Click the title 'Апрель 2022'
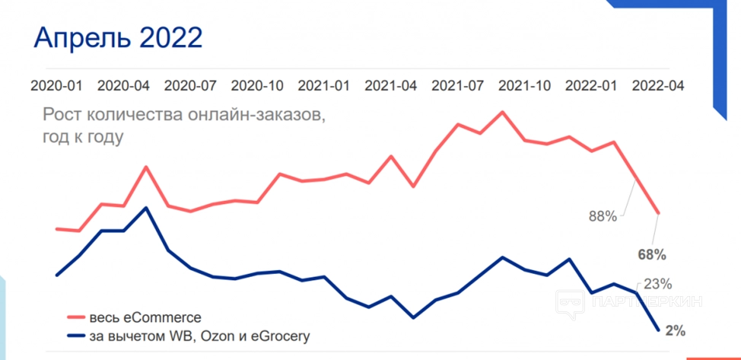pyautogui.click(x=118, y=38)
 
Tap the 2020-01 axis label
pyautogui.click(x=57, y=85)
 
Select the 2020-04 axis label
pyautogui.click(x=124, y=85)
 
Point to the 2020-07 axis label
pyautogui.click(x=191, y=85)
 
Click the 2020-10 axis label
pyautogui.click(x=258, y=85)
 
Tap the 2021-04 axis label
pyautogui.click(x=391, y=85)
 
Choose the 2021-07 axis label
pyautogui.click(x=458, y=85)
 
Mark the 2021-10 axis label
pyautogui.click(x=525, y=85)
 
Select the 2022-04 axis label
pyautogui.click(x=658, y=85)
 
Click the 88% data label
pyautogui.click(x=603, y=216)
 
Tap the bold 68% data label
pyautogui.click(x=652, y=253)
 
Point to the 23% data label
pyautogui.click(x=657, y=285)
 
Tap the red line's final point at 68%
pyautogui.click(x=658, y=214)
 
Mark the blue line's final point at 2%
pyautogui.click(x=658, y=330)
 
